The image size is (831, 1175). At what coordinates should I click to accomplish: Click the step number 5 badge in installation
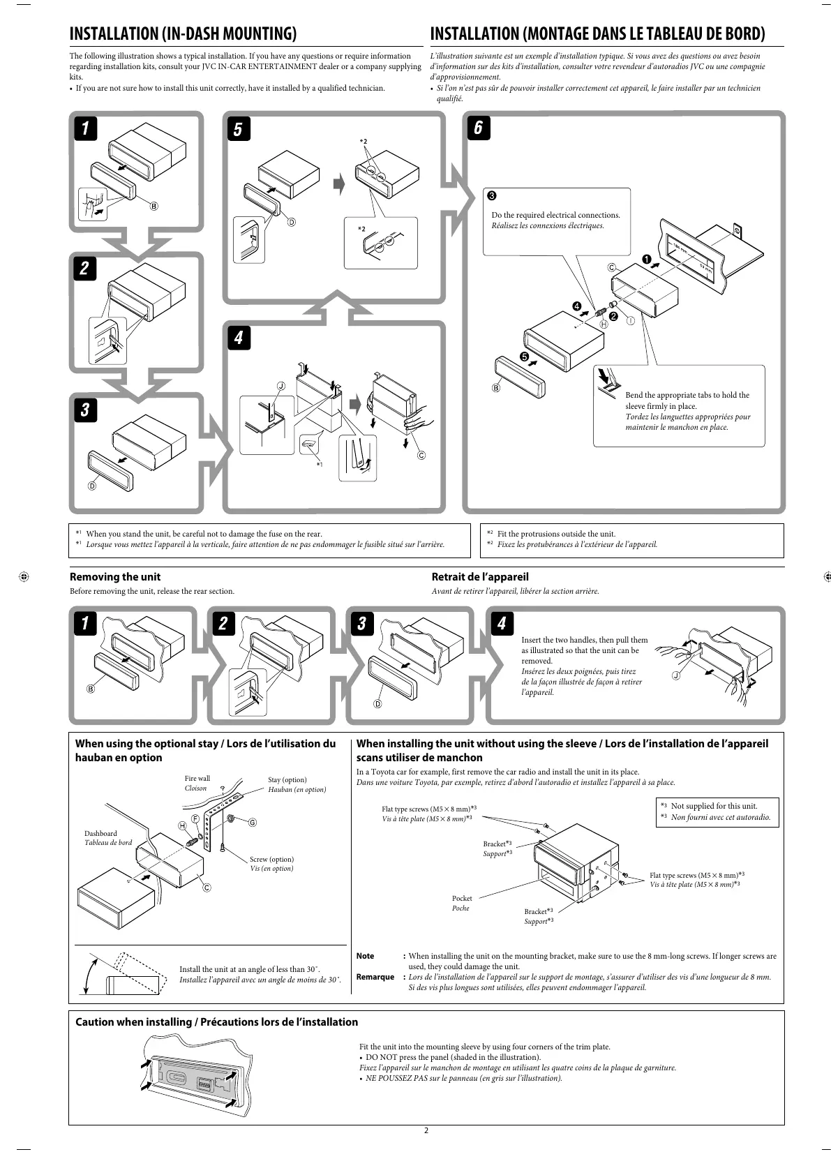point(238,129)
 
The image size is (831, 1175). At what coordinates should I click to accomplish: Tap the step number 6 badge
point(479,128)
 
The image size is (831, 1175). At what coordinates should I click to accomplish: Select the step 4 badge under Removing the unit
point(501,622)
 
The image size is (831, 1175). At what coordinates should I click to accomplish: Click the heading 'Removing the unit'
point(115,577)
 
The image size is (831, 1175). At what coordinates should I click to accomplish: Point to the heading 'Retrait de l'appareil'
point(480,577)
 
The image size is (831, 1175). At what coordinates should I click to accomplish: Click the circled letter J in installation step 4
point(281,385)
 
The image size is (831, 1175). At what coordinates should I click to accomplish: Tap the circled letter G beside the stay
point(253,822)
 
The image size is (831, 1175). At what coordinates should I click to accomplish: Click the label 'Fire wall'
point(197,778)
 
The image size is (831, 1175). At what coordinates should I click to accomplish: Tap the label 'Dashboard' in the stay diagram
point(100,833)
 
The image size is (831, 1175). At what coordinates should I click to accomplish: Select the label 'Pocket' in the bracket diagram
point(462,898)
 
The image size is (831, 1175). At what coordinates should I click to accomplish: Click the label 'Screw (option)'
point(271,859)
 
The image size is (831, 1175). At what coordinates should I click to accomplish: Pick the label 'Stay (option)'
point(287,779)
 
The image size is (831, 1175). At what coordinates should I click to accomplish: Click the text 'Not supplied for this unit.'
point(714,806)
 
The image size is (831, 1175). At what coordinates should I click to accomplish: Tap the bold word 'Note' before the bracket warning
point(365,956)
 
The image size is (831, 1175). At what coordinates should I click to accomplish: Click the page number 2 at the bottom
point(426,1131)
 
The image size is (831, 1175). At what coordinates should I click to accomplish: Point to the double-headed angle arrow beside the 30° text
point(87,974)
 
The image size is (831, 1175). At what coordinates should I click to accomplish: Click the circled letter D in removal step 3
point(377,703)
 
